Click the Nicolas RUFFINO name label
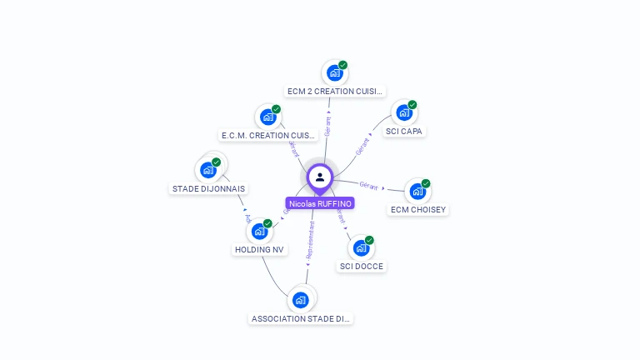coord(320,203)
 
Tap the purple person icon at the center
coord(320,177)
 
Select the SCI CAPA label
coord(405,131)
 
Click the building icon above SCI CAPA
coord(404,112)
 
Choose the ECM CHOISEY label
coord(418,209)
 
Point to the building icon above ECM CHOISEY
coord(417,191)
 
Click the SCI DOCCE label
coord(362,266)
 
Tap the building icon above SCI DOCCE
coord(361,247)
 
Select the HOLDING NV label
coord(259,249)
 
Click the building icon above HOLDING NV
coord(259,231)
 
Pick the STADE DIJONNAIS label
coord(208,188)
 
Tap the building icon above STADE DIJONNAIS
coord(208,170)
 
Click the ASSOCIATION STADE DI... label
coord(302,318)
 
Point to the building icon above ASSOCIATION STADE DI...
coord(301,300)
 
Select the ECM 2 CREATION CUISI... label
coord(335,91)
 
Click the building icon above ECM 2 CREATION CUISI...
coord(335,72)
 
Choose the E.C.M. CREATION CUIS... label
coord(268,135)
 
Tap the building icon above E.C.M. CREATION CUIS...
coord(267,117)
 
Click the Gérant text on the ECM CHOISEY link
coord(368,185)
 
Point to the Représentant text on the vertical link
coord(310,242)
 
